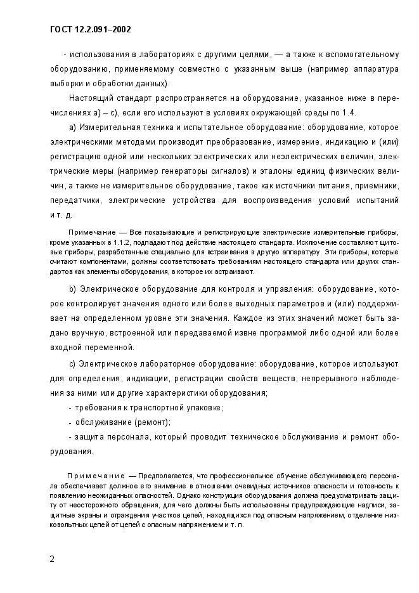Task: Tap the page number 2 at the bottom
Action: pyautogui.click(x=52, y=559)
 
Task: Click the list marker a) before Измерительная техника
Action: pyautogui.click(x=72, y=127)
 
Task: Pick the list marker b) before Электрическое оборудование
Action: pyautogui.click(x=72, y=289)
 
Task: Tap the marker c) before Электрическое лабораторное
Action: pyautogui.click(x=72, y=364)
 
